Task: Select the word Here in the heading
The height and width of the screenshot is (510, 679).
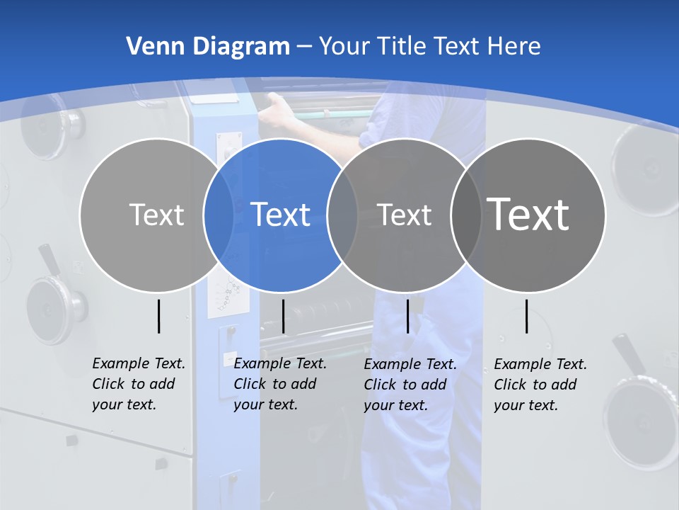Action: (514, 47)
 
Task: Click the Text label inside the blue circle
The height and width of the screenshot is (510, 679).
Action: (281, 215)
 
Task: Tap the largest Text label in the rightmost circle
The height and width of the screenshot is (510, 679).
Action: (528, 214)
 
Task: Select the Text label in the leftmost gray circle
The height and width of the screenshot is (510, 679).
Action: (157, 215)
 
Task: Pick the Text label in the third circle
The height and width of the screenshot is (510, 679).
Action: (405, 215)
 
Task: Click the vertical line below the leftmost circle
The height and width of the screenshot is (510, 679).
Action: (158, 316)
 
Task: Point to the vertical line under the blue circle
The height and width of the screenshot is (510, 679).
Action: (283, 316)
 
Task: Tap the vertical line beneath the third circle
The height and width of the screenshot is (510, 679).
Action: (407, 316)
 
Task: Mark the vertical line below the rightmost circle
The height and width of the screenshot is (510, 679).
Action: (527, 316)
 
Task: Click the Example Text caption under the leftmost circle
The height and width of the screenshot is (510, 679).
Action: (138, 384)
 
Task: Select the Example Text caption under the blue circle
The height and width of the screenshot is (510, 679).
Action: (279, 384)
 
